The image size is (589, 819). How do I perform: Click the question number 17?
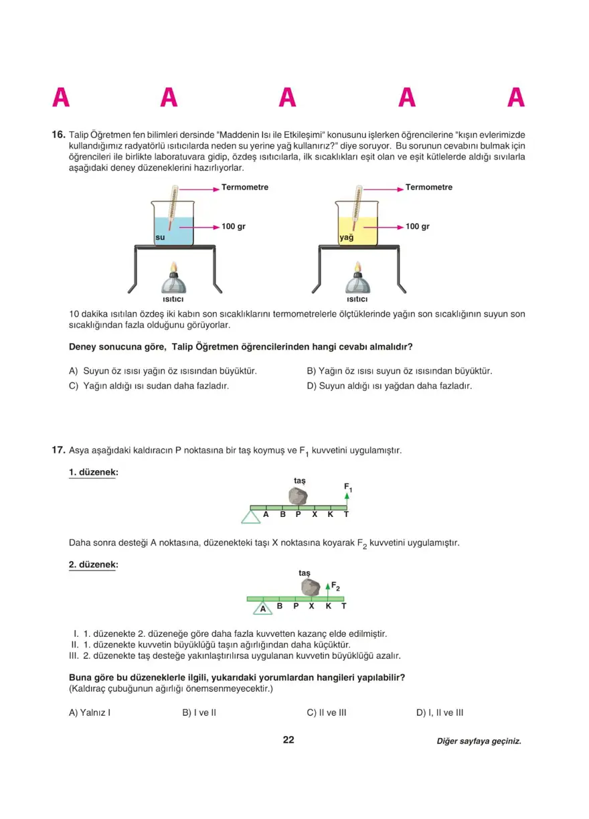(58, 450)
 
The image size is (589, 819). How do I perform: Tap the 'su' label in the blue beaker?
(160, 237)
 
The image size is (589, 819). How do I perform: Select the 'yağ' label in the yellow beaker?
(346, 237)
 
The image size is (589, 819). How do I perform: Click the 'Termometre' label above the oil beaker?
(428, 188)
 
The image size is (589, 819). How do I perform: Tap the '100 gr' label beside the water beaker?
(234, 227)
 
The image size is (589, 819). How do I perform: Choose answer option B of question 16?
(399, 370)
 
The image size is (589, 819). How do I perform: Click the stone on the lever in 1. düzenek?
(297, 496)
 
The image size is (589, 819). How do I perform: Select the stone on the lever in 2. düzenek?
(310, 587)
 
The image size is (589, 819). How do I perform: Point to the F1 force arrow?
(347, 496)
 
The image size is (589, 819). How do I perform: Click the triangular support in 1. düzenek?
(252, 516)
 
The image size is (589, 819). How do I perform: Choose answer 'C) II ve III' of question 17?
(326, 713)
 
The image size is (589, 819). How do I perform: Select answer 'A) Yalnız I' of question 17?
(90, 713)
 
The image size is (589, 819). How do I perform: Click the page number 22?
(288, 740)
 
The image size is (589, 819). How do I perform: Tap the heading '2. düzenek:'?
(93, 565)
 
